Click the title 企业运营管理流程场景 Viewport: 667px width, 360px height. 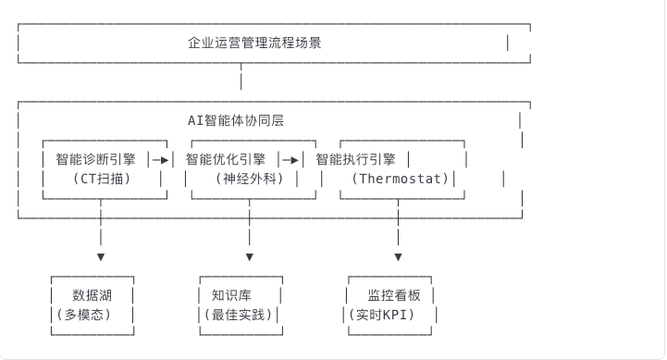pyautogui.click(x=254, y=43)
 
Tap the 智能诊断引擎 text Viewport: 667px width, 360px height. pyautogui.click(x=93, y=158)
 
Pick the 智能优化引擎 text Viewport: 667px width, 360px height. pyautogui.click(x=225, y=158)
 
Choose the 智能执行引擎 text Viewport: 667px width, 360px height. pyautogui.click(x=355, y=158)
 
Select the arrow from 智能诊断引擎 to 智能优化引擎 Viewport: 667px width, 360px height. pyautogui.click(x=161, y=159)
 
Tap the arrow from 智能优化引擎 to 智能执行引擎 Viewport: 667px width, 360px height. pyautogui.click(x=291, y=159)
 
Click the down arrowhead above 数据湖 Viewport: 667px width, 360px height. pyautogui.click(x=101, y=256)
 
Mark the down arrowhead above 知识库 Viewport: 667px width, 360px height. pyautogui.click(x=250, y=256)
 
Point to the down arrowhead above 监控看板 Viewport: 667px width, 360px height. pyautogui.click(x=399, y=256)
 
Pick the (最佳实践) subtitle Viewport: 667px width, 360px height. pyautogui.click(x=242, y=315)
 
